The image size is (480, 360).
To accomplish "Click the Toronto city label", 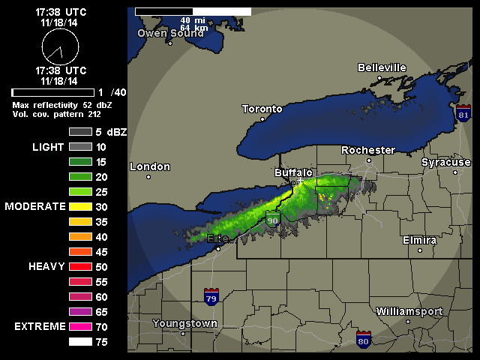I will pyautogui.click(x=262, y=109).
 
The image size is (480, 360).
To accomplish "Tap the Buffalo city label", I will pyautogui.click(x=293, y=173).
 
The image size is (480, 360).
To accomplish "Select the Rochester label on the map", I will pyautogui.click(x=367, y=150).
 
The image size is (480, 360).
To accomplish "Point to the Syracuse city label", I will pyautogui.click(x=445, y=162).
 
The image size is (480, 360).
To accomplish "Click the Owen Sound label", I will pyautogui.click(x=171, y=33).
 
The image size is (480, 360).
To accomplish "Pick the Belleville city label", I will pyautogui.click(x=382, y=67).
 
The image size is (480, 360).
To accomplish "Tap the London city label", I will pyautogui.click(x=150, y=166).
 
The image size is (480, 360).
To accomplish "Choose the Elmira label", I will pyautogui.click(x=419, y=240).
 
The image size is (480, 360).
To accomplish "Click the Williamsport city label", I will pyautogui.click(x=409, y=311).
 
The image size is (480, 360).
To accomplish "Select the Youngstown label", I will pyautogui.click(x=184, y=323).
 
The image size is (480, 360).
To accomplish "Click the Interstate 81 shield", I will pyautogui.click(x=463, y=114).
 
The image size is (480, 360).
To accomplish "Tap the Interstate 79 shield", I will pyautogui.click(x=211, y=296).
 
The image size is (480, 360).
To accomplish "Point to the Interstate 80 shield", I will pyautogui.click(x=364, y=338).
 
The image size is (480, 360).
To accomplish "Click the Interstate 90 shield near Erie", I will pyautogui.click(x=273, y=220).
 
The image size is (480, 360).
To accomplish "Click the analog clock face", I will pyautogui.click(x=60, y=48).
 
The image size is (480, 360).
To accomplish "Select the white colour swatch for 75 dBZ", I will pyautogui.click(x=80, y=342).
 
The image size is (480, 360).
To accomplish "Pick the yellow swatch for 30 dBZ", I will pyautogui.click(x=80, y=206).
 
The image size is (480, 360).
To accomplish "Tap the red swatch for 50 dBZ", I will pyautogui.click(x=80, y=266).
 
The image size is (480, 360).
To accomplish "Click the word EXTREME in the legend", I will pyautogui.click(x=38, y=327).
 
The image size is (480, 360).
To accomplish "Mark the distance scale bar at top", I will pyautogui.click(x=193, y=12).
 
